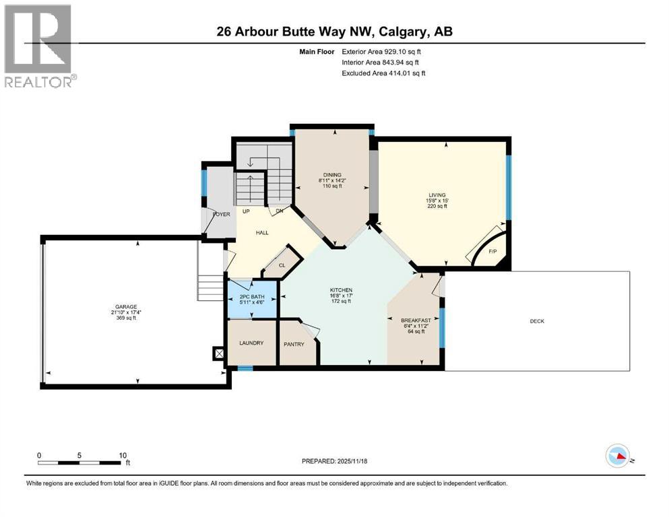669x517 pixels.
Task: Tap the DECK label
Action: coord(536,321)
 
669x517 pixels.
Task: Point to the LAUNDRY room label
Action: coord(251,343)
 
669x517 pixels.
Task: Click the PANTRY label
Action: coord(294,344)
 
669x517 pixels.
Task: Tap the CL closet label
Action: coord(282,265)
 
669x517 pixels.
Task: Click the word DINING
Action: coord(331,175)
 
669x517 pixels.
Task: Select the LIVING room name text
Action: coord(438,195)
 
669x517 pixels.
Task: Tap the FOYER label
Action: coord(221,214)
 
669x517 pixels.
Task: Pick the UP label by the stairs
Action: coord(246,211)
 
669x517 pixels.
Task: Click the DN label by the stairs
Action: coord(279,211)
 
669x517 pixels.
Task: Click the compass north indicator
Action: coord(619,456)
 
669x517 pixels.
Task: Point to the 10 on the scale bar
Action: coord(122,455)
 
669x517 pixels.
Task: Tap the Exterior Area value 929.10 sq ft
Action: coord(403,51)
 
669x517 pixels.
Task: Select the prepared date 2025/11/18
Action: coord(353,461)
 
